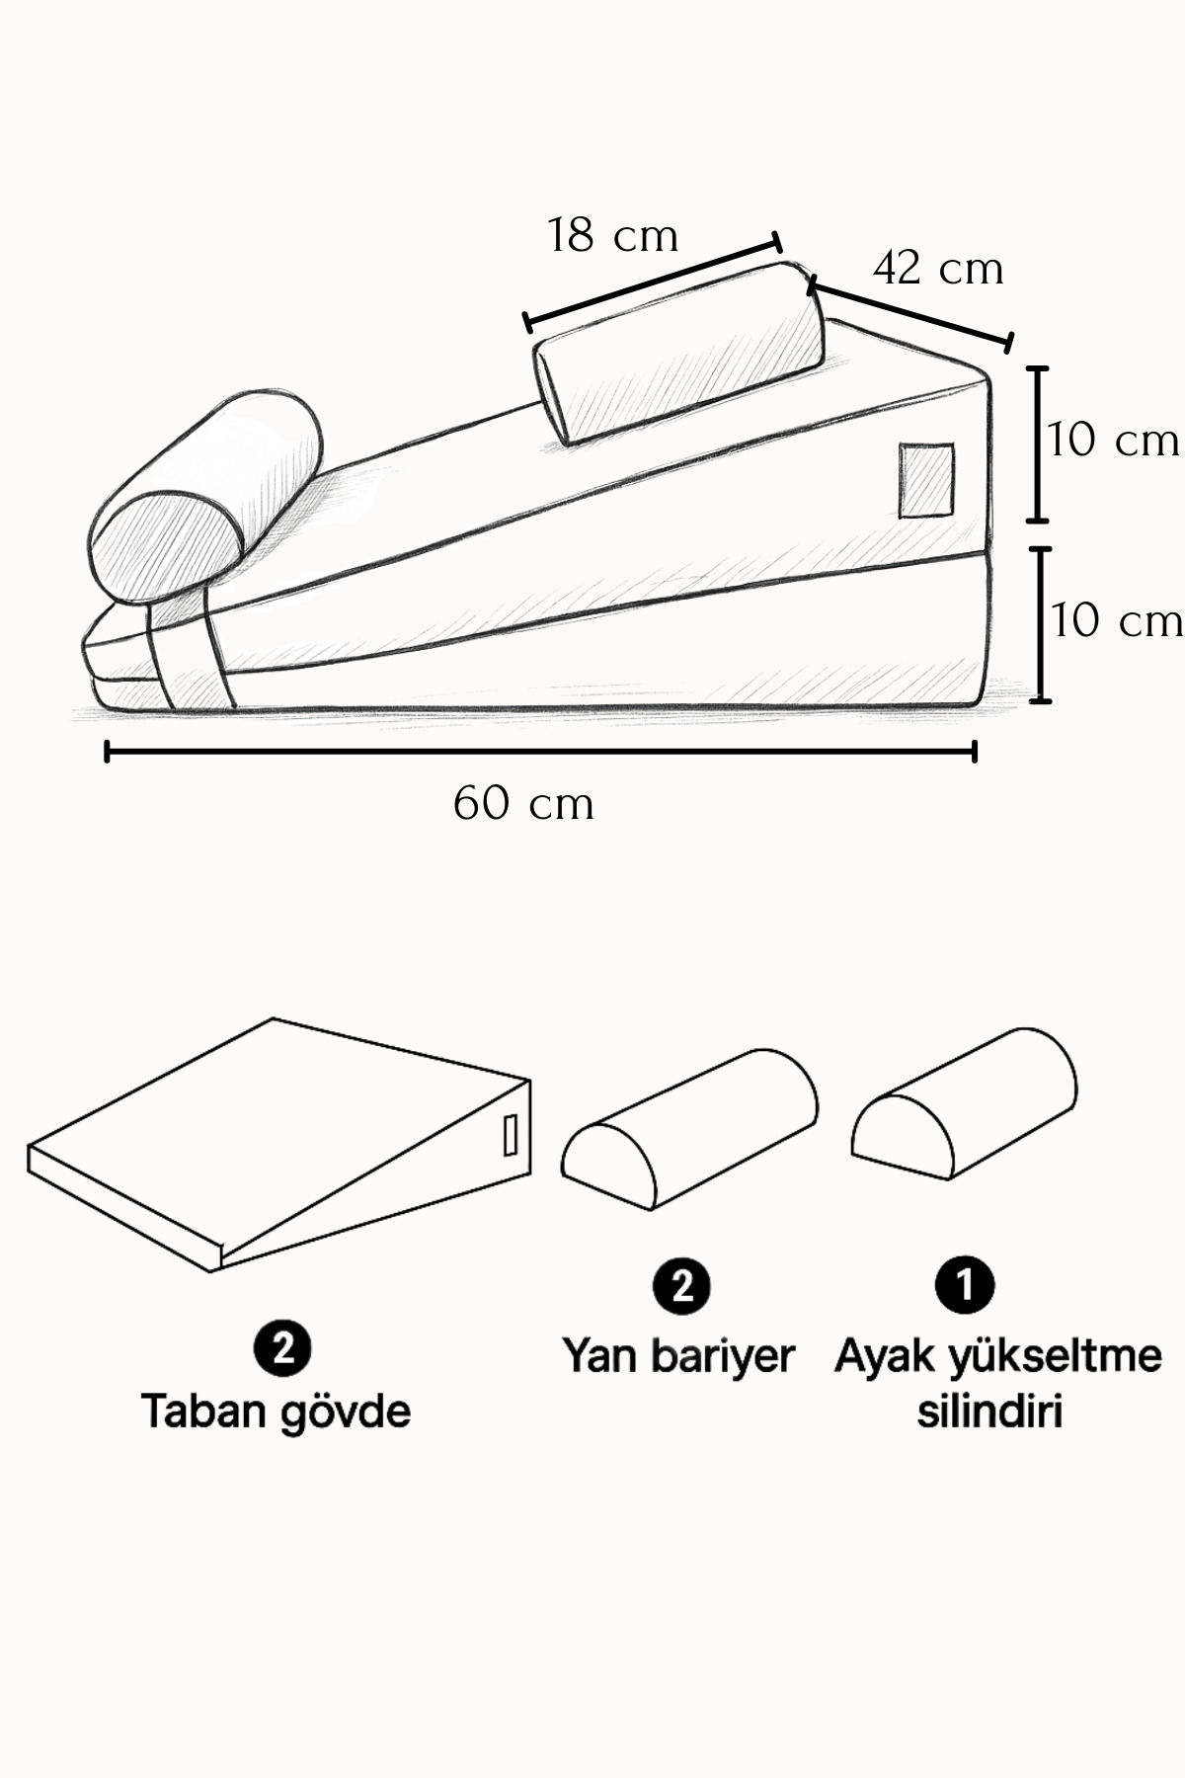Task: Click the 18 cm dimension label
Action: tap(612, 237)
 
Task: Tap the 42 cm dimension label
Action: tap(938, 269)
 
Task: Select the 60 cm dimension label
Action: tap(523, 804)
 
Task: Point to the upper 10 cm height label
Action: tap(1113, 441)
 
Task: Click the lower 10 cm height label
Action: tap(1116, 621)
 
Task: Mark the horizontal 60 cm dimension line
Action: tap(540, 753)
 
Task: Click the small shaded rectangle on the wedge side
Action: tap(926, 480)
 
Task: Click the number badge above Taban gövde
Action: tap(282, 1347)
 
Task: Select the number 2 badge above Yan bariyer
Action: tap(681, 1286)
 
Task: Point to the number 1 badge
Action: tap(965, 1285)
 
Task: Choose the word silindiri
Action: tap(989, 1411)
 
